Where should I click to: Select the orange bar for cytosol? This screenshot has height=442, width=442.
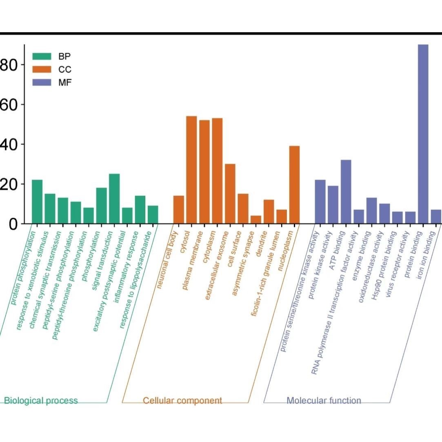pos(191,170)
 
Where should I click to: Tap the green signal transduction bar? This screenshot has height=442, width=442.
pos(114,199)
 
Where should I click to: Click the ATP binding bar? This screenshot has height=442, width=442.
pos(346,191)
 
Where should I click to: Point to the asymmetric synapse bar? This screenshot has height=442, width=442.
pos(255,220)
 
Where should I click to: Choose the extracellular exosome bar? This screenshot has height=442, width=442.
pos(230,193)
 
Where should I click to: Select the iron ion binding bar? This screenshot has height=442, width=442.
pos(436,217)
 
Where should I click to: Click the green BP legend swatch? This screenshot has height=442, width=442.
pos(42,56)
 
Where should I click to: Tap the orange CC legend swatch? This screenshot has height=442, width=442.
pos(42,69)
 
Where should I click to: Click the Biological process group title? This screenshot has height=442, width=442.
pos(41,400)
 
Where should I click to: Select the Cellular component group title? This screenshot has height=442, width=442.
pos(182,400)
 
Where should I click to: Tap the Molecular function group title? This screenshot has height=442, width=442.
pos(324,400)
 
